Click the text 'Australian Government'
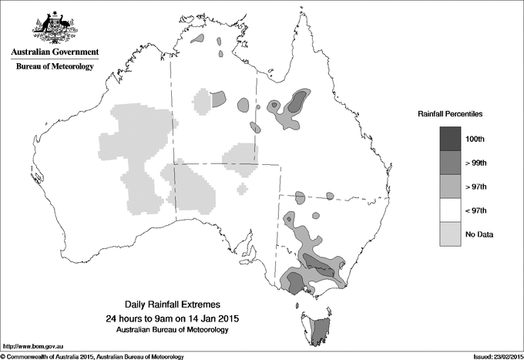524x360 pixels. pos(54,52)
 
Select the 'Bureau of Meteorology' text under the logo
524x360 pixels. pos(54,67)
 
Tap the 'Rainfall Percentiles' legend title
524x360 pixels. pos(450,114)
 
